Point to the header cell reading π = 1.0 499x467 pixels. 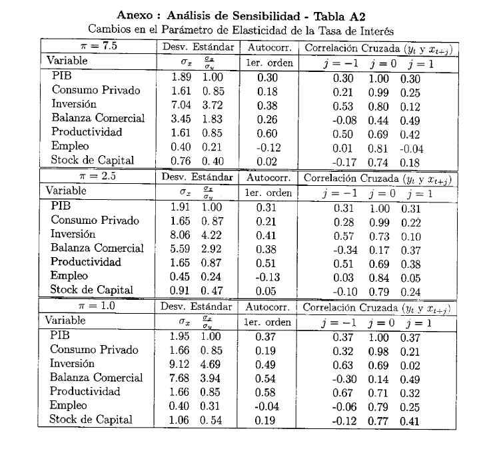97,306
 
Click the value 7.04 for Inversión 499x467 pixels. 182,104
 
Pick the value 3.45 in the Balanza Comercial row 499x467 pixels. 182,119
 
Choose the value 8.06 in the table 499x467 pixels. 182,234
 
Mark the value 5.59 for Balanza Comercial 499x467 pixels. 182,248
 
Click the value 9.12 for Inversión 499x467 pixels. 182,364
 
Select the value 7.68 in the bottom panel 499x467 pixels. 182,378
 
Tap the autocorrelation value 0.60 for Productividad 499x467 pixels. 267,133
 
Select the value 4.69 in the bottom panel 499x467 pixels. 212,364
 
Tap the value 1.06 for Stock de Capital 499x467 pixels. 182,420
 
